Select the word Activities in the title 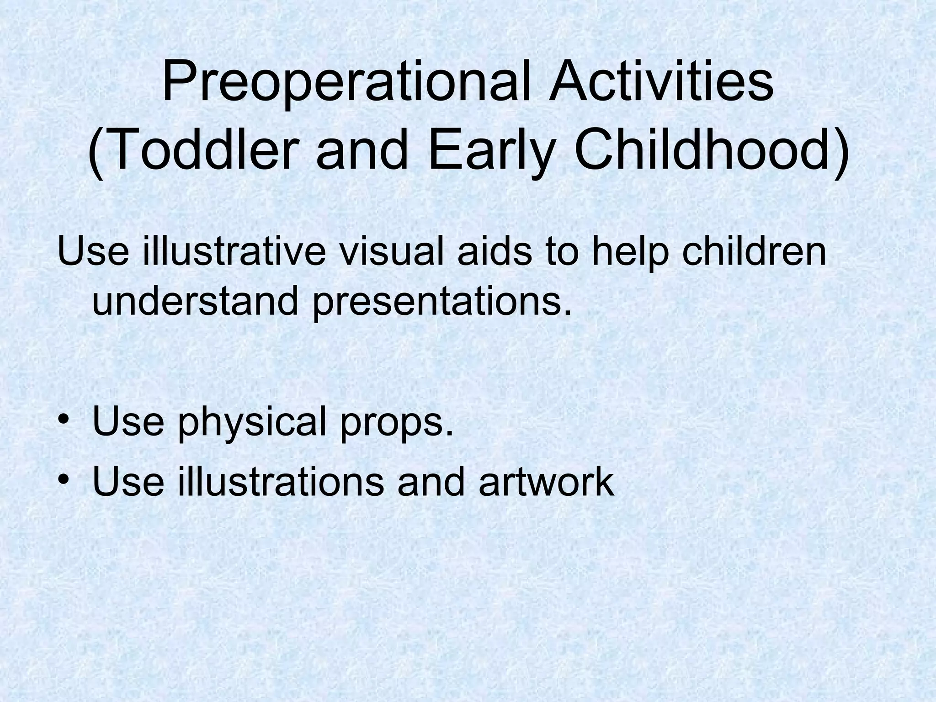661,82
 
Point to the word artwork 546,482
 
